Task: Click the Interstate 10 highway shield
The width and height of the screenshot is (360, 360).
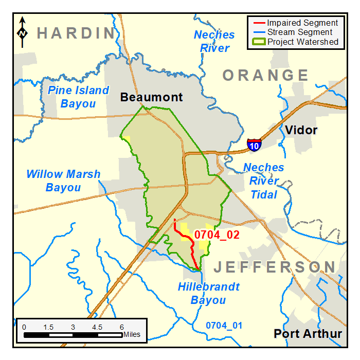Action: click(254, 145)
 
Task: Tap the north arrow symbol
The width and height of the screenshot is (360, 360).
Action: click(23, 32)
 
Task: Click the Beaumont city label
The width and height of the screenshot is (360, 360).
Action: click(152, 97)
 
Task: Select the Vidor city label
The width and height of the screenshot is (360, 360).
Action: click(301, 130)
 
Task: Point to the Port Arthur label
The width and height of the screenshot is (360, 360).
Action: click(308, 334)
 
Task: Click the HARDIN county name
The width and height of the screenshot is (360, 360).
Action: click(76, 34)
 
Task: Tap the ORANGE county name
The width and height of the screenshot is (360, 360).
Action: click(265, 76)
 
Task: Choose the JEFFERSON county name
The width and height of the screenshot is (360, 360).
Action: click(275, 267)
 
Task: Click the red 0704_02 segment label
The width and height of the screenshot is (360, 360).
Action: click(218, 235)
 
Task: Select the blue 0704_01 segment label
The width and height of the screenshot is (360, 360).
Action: click(224, 326)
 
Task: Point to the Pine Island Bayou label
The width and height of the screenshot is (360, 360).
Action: click(78, 97)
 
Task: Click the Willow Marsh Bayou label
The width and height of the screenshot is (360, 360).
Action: click(63, 181)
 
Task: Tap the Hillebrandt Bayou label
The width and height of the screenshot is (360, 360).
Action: click(208, 294)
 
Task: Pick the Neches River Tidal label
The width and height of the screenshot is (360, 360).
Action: click(263, 181)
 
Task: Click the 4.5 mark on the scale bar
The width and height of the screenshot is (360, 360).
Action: click(97, 328)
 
